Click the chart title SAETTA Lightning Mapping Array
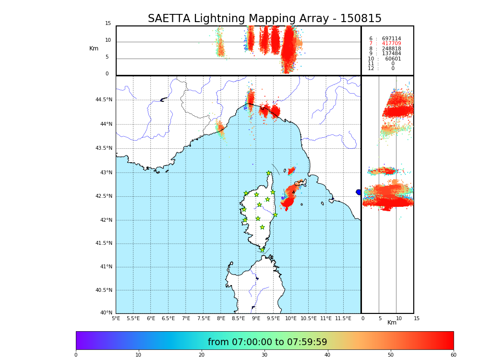click(264, 19)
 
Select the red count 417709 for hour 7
click(391, 44)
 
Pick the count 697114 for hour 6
click(391, 39)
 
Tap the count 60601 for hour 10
click(393, 59)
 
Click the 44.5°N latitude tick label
click(104, 100)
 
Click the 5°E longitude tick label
click(116, 318)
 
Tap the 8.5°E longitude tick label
click(239, 318)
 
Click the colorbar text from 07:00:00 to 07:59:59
click(267, 342)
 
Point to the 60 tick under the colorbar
click(453, 355)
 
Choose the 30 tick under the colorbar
click(264, 355)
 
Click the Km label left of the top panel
click(94, 48)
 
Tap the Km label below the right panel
click(392, 323)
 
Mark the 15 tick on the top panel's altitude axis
click(108, 24)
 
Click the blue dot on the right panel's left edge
click(359, 192)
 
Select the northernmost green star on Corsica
click(269, 173)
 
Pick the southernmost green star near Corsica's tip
click(262, 250)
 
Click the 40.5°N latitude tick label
click(104, 290)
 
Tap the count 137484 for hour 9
click(391, 54)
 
